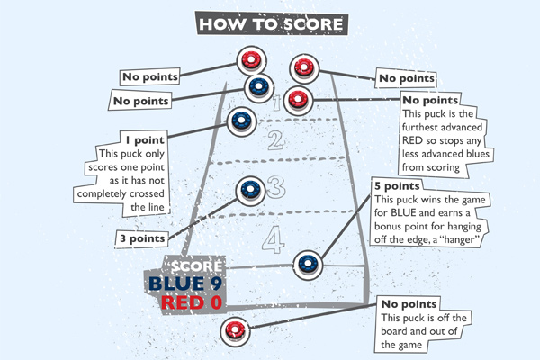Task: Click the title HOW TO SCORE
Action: [270, 21]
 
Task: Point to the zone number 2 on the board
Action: [275, 139]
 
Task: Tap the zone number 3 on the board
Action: [275, 187]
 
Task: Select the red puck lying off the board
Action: [236, 328]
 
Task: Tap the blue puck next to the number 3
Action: [247, 189]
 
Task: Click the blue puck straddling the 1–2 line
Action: [240, 120]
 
